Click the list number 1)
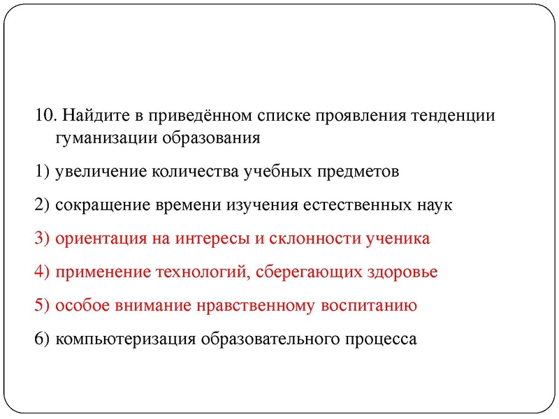coord(41,171)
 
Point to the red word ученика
coord(398,238)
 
